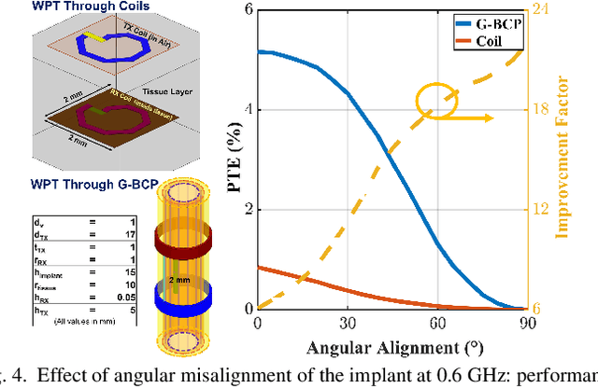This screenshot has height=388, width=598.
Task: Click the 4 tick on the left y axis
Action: coord(246,110)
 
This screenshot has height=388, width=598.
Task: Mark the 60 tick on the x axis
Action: coord(436,324)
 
